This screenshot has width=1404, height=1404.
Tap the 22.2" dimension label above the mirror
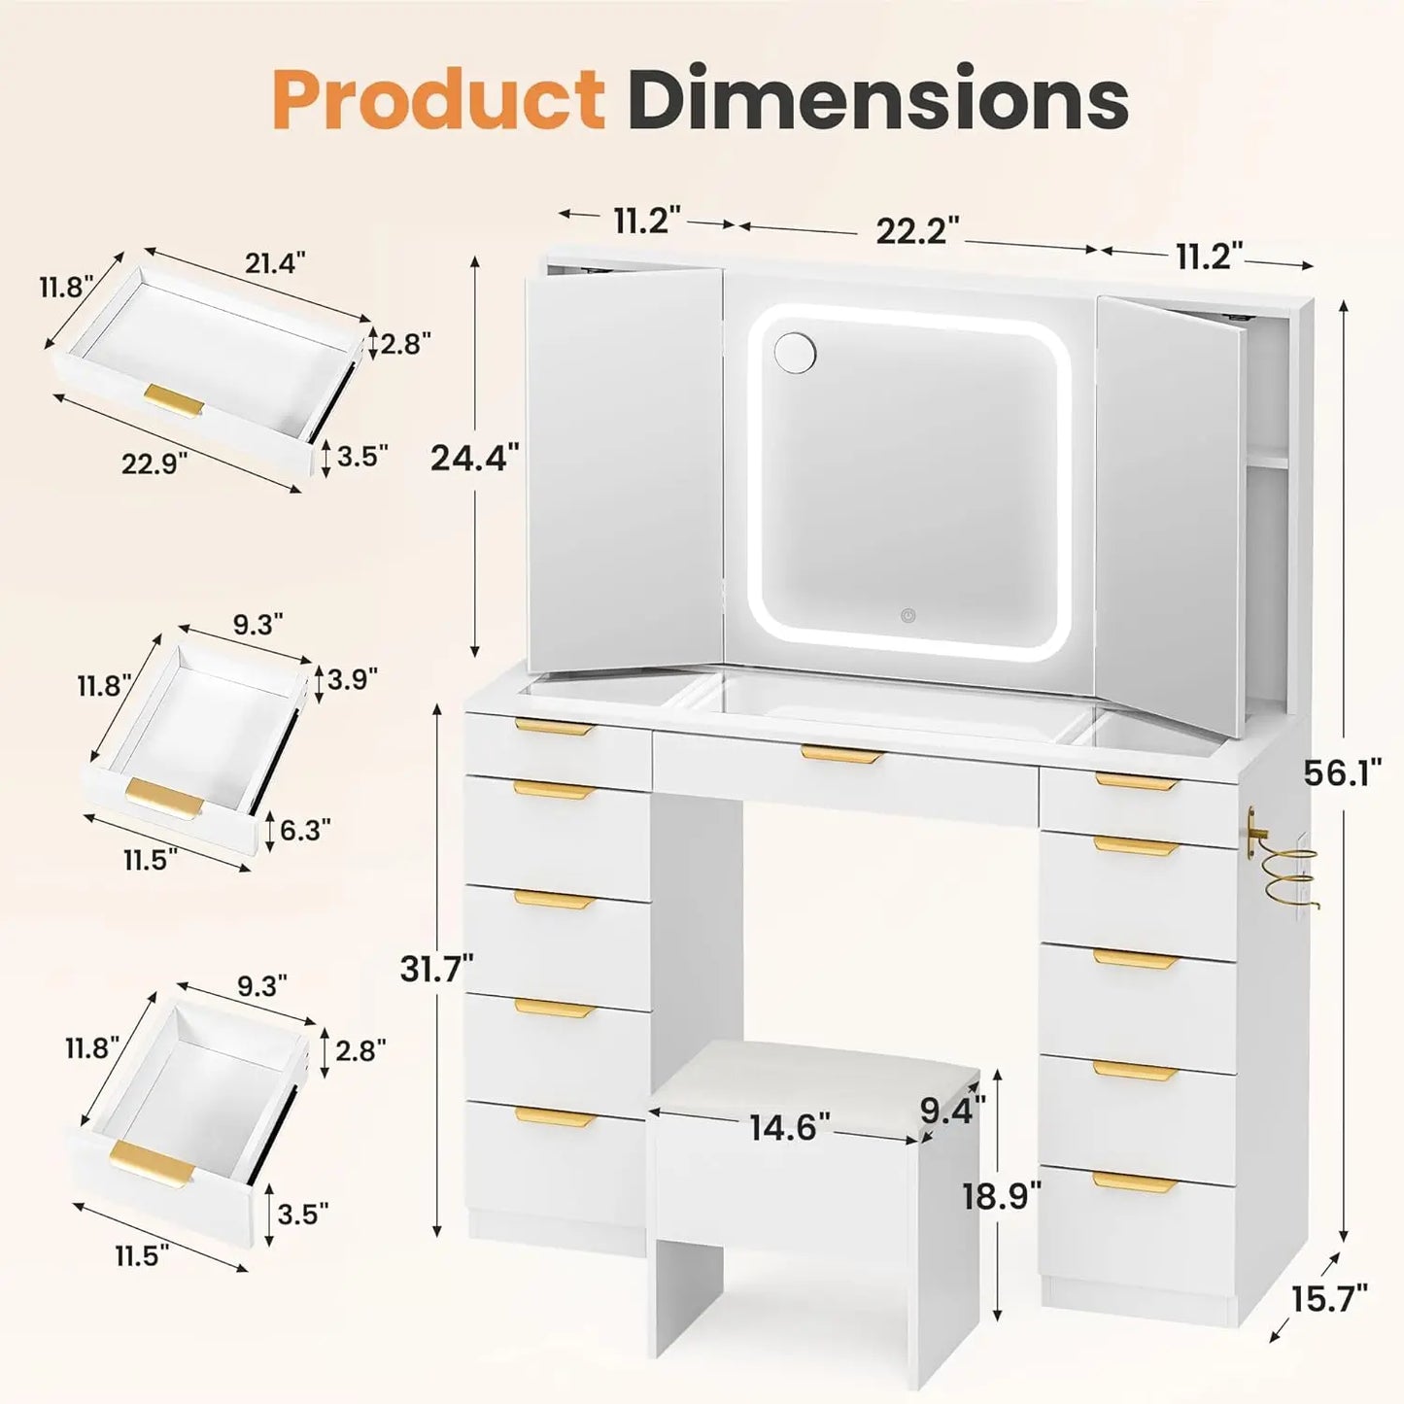coord(917,231)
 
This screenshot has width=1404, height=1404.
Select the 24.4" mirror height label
coord(474,457)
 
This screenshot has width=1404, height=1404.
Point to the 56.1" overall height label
coord(1342,774)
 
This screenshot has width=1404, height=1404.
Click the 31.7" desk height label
coord(436,969)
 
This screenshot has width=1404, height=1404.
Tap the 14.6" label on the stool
coord(789,1128)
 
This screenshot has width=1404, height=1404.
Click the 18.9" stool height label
coord(1001,1195)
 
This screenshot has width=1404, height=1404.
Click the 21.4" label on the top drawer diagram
coord(275,263)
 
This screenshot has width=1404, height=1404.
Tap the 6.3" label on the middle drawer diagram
coord(304,830)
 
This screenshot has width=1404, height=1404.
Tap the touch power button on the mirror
coord(907,615)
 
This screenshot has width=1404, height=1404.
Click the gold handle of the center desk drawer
coord(841,753)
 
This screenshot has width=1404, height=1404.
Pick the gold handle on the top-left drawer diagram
coord(174,399)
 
